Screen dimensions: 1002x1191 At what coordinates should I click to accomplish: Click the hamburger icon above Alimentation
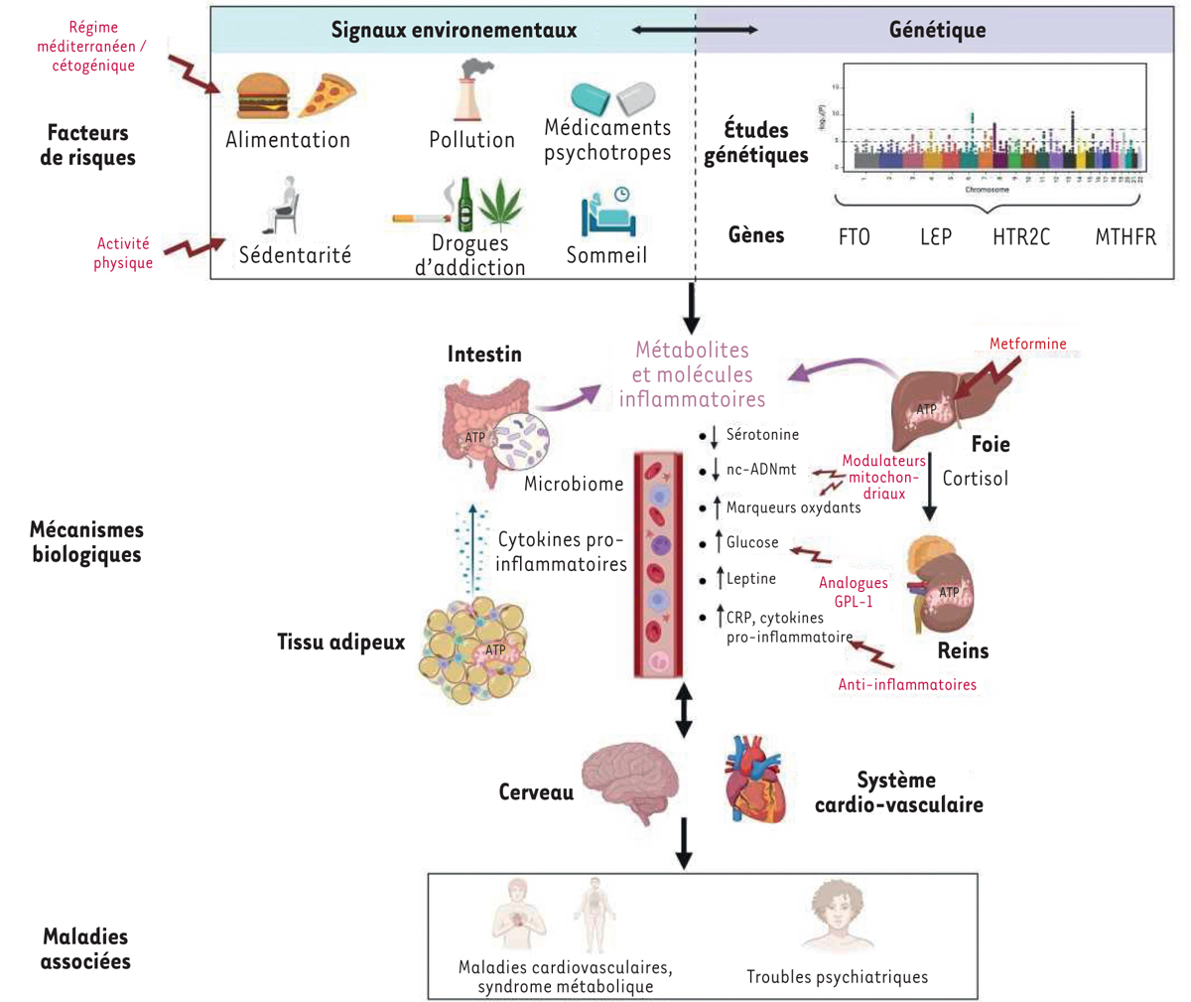pos(263,96)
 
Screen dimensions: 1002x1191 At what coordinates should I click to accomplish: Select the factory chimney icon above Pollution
pos(469,91)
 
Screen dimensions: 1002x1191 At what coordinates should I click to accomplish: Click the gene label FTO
pos(854,237)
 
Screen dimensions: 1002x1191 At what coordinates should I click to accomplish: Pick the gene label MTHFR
pos(1125,237)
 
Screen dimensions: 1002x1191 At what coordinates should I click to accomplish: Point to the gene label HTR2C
pos(1020,237)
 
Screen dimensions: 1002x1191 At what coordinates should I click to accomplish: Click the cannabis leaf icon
pos(500,205)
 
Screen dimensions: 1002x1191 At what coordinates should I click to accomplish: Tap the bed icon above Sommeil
pos(607,212)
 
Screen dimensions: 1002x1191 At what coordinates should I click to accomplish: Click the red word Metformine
pos(1027,345)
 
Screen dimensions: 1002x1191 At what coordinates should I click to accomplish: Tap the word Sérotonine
pos(762,435)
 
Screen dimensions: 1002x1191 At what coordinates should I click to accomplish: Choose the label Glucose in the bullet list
pos(752,542)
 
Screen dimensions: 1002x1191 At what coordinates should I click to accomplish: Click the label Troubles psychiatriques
pos(837,977)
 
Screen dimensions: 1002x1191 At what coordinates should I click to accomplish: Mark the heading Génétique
pos(937,30)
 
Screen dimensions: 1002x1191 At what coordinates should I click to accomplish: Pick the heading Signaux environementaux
pos(454,30)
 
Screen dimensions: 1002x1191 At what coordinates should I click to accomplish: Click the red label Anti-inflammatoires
pos(907,685)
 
